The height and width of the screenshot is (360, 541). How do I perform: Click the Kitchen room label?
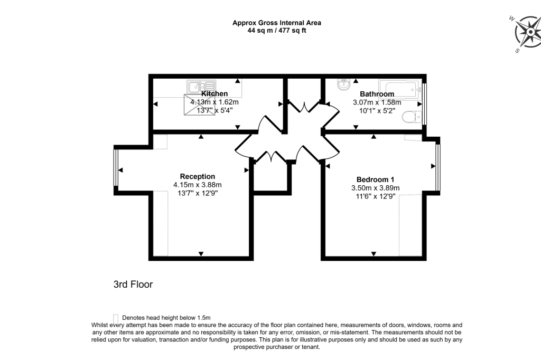(x=214, y=94)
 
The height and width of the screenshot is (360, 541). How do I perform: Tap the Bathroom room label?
(x=377, y=94)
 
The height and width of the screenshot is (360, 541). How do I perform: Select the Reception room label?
(x=197, y=176)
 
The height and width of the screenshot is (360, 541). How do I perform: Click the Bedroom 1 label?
(x=375, y=179)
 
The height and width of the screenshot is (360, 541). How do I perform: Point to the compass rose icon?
(x=527, y=31)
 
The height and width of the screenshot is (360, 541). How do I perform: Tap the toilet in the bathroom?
(x=411, y=117)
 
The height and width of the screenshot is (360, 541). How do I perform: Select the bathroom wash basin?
(x=342, y=84)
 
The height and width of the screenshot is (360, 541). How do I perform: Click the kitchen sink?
(x=201, y=87)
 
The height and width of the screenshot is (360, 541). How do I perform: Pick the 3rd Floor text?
(x=133, y=285)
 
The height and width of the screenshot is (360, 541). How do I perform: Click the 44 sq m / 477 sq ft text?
(x=277, y=31)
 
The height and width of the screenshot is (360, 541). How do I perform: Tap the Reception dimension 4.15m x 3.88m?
(x=197, y=185)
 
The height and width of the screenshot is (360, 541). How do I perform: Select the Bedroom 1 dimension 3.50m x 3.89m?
(x=375, y=187)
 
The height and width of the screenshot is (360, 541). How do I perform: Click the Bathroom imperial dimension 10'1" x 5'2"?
(x=377, y=111)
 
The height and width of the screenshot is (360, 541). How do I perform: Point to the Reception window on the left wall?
(x=116, y=167)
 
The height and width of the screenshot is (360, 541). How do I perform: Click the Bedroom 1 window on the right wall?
(x=437, y=166)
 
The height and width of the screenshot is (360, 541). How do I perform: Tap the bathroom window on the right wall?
(x=425, y=103)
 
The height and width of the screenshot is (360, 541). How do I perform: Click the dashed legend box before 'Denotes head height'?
(x=116, y=317)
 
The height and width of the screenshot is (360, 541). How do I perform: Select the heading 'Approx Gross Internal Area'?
(x=277, y=23)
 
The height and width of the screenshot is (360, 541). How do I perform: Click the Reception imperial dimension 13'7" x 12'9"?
(x=197, y=193)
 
